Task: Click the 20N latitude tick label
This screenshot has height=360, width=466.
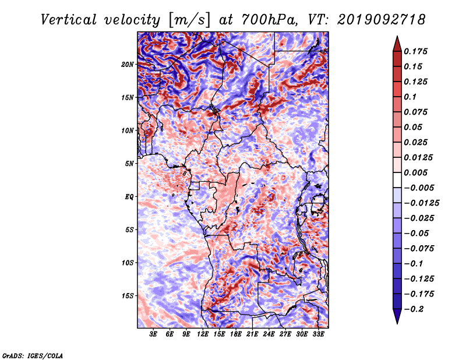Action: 128,65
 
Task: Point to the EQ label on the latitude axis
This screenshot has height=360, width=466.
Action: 129,197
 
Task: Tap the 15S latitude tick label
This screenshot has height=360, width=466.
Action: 128,296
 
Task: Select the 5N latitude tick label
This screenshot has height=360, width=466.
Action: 129,164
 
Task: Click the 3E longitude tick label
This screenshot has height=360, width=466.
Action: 153,334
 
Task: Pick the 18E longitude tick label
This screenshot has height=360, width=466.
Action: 236,334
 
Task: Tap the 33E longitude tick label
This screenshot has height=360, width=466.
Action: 318,334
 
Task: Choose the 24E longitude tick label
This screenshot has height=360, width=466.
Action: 269,334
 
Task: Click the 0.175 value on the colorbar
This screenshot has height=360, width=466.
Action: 415,51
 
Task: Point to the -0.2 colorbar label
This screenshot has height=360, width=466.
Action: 414,309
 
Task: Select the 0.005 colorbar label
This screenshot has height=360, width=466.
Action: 415,172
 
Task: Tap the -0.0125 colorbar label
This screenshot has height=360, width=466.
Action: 421,203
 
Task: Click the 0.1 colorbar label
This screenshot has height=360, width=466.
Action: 410,97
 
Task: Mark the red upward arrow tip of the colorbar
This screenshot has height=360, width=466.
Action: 397,37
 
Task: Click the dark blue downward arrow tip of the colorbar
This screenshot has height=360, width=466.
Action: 397,323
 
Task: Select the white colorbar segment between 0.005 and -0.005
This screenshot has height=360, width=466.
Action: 397,180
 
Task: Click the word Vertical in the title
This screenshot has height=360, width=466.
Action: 68,20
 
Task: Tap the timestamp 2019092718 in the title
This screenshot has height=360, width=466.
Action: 382,20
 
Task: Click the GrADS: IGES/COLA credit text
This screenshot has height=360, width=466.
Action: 33,355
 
